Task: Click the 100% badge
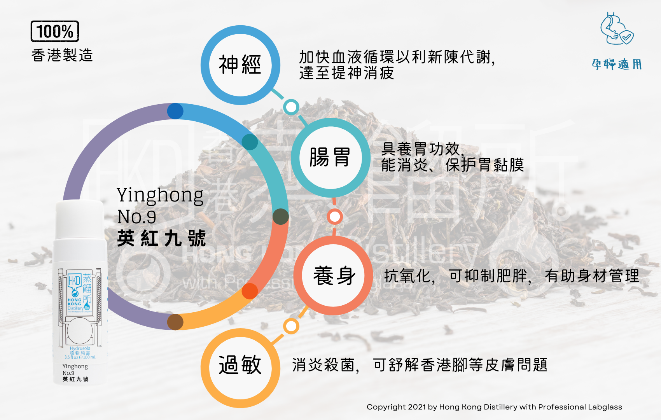[x=55, y=31]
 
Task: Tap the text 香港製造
[x=62, y=55]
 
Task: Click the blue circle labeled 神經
[x=240, y=65]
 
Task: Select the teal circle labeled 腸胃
[x=330, y=157]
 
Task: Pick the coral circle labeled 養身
[x=334, y=275]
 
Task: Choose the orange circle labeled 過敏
[x=240, y=367]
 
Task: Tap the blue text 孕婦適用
[x=617, y=64]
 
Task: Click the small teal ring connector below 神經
[x=291, y=107]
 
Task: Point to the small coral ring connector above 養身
[x=334, y=216]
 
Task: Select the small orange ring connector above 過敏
[x=291, y=326]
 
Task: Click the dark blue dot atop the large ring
[x=175, y=111]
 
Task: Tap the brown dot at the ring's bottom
[x=175, y=322]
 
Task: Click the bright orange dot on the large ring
[x=250, y=291]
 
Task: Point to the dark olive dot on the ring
[x=280, y=217]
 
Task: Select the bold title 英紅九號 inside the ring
[x=161, y=238]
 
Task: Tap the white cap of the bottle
[x=80, y=220]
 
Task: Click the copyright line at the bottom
[x=494, y=407]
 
